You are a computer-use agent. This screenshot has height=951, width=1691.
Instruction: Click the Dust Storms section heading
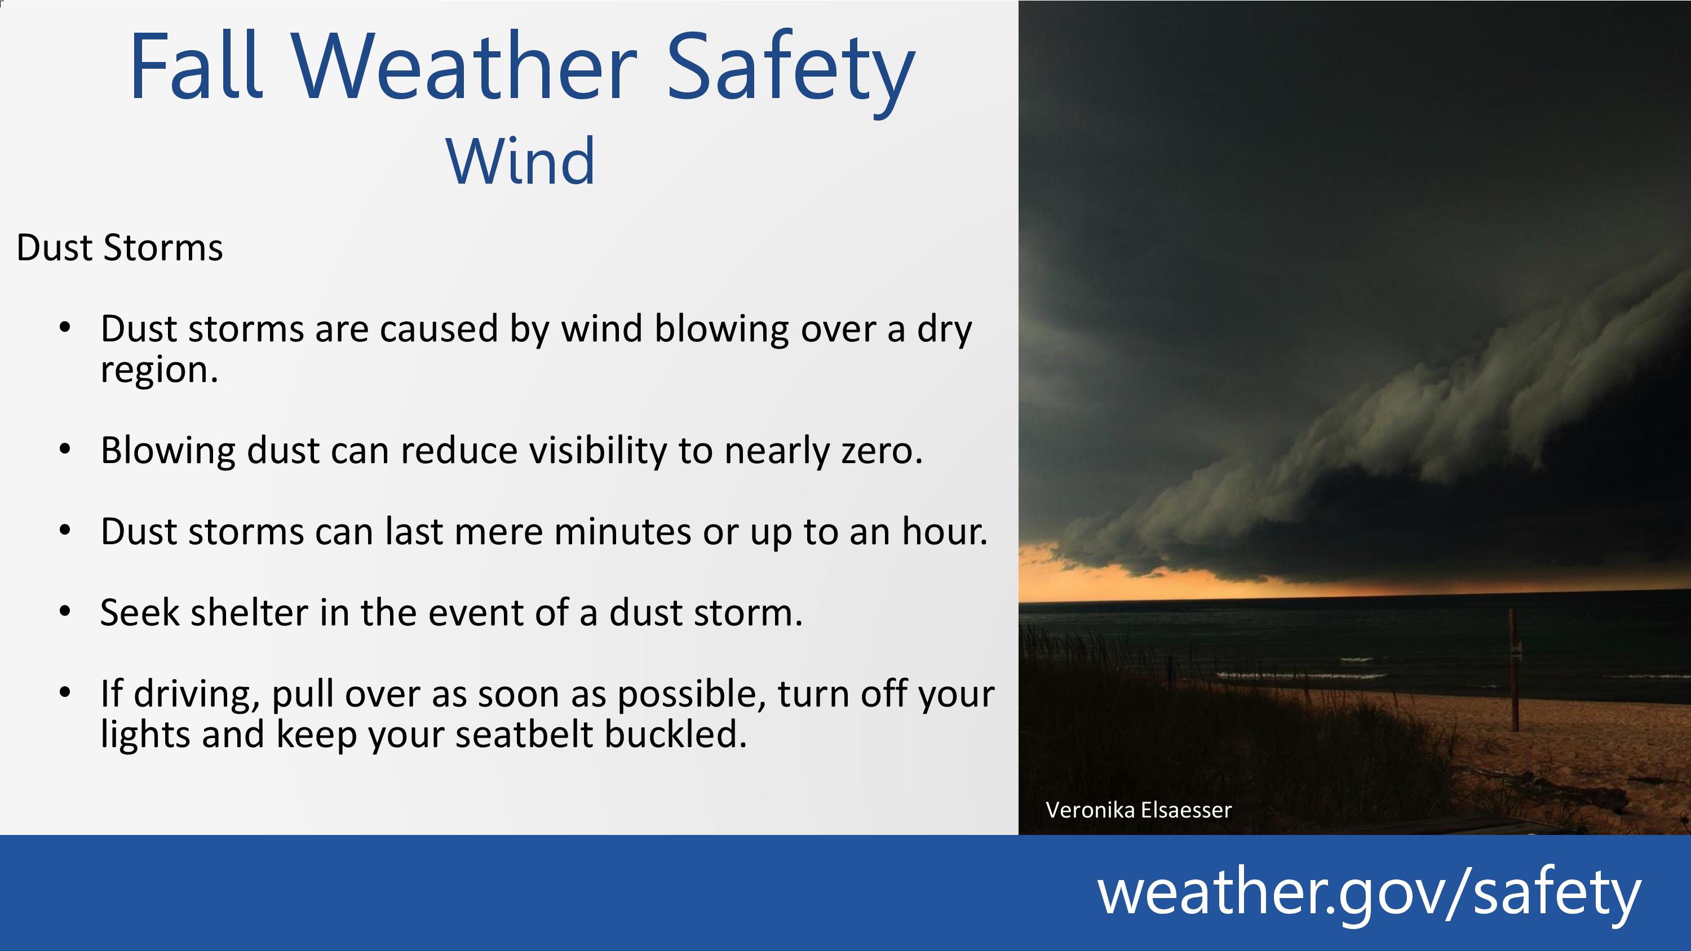[x=119, y=248]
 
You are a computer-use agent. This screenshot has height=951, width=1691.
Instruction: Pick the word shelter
[x=250, y=612]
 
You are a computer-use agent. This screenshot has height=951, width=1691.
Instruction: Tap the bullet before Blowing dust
[x=64, y=450]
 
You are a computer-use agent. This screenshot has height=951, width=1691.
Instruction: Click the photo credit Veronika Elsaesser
[x=1138, y=810]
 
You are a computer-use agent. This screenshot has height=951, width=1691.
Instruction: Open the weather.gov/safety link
[x=1369, y=892]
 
